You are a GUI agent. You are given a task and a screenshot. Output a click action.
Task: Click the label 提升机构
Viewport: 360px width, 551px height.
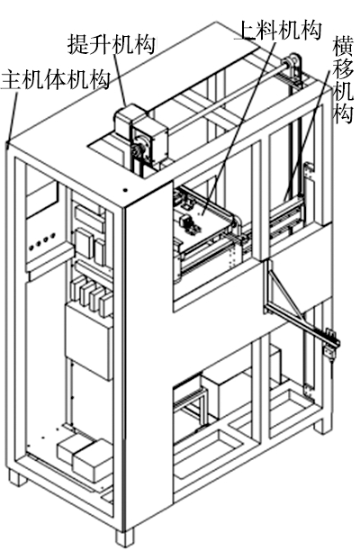pos(111,44)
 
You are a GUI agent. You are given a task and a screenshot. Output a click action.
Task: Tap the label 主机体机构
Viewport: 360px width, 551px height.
pos(56,79)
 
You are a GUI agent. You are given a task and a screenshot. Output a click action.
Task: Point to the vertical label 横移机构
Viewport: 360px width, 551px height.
pos(343,79)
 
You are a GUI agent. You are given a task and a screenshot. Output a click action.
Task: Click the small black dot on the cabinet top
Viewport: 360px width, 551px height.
pos(125,190)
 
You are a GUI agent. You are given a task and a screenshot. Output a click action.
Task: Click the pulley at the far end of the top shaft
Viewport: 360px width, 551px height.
pos(293,67)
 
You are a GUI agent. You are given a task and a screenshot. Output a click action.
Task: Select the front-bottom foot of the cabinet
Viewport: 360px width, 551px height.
pos(125,537)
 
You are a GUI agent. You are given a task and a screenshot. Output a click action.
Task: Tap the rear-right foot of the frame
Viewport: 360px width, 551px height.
pos(322,424)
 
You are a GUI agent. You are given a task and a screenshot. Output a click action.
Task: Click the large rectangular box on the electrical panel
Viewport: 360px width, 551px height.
pos(89,341)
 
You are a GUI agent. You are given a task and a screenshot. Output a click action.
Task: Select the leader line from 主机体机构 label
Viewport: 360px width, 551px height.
pos(12,115)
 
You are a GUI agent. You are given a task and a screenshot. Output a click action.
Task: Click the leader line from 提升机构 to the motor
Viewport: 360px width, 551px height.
pos(120,80)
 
